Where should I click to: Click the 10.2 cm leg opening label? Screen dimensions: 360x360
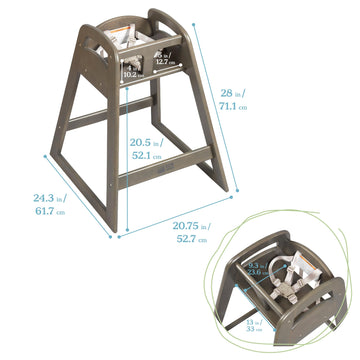coord(131,73)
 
